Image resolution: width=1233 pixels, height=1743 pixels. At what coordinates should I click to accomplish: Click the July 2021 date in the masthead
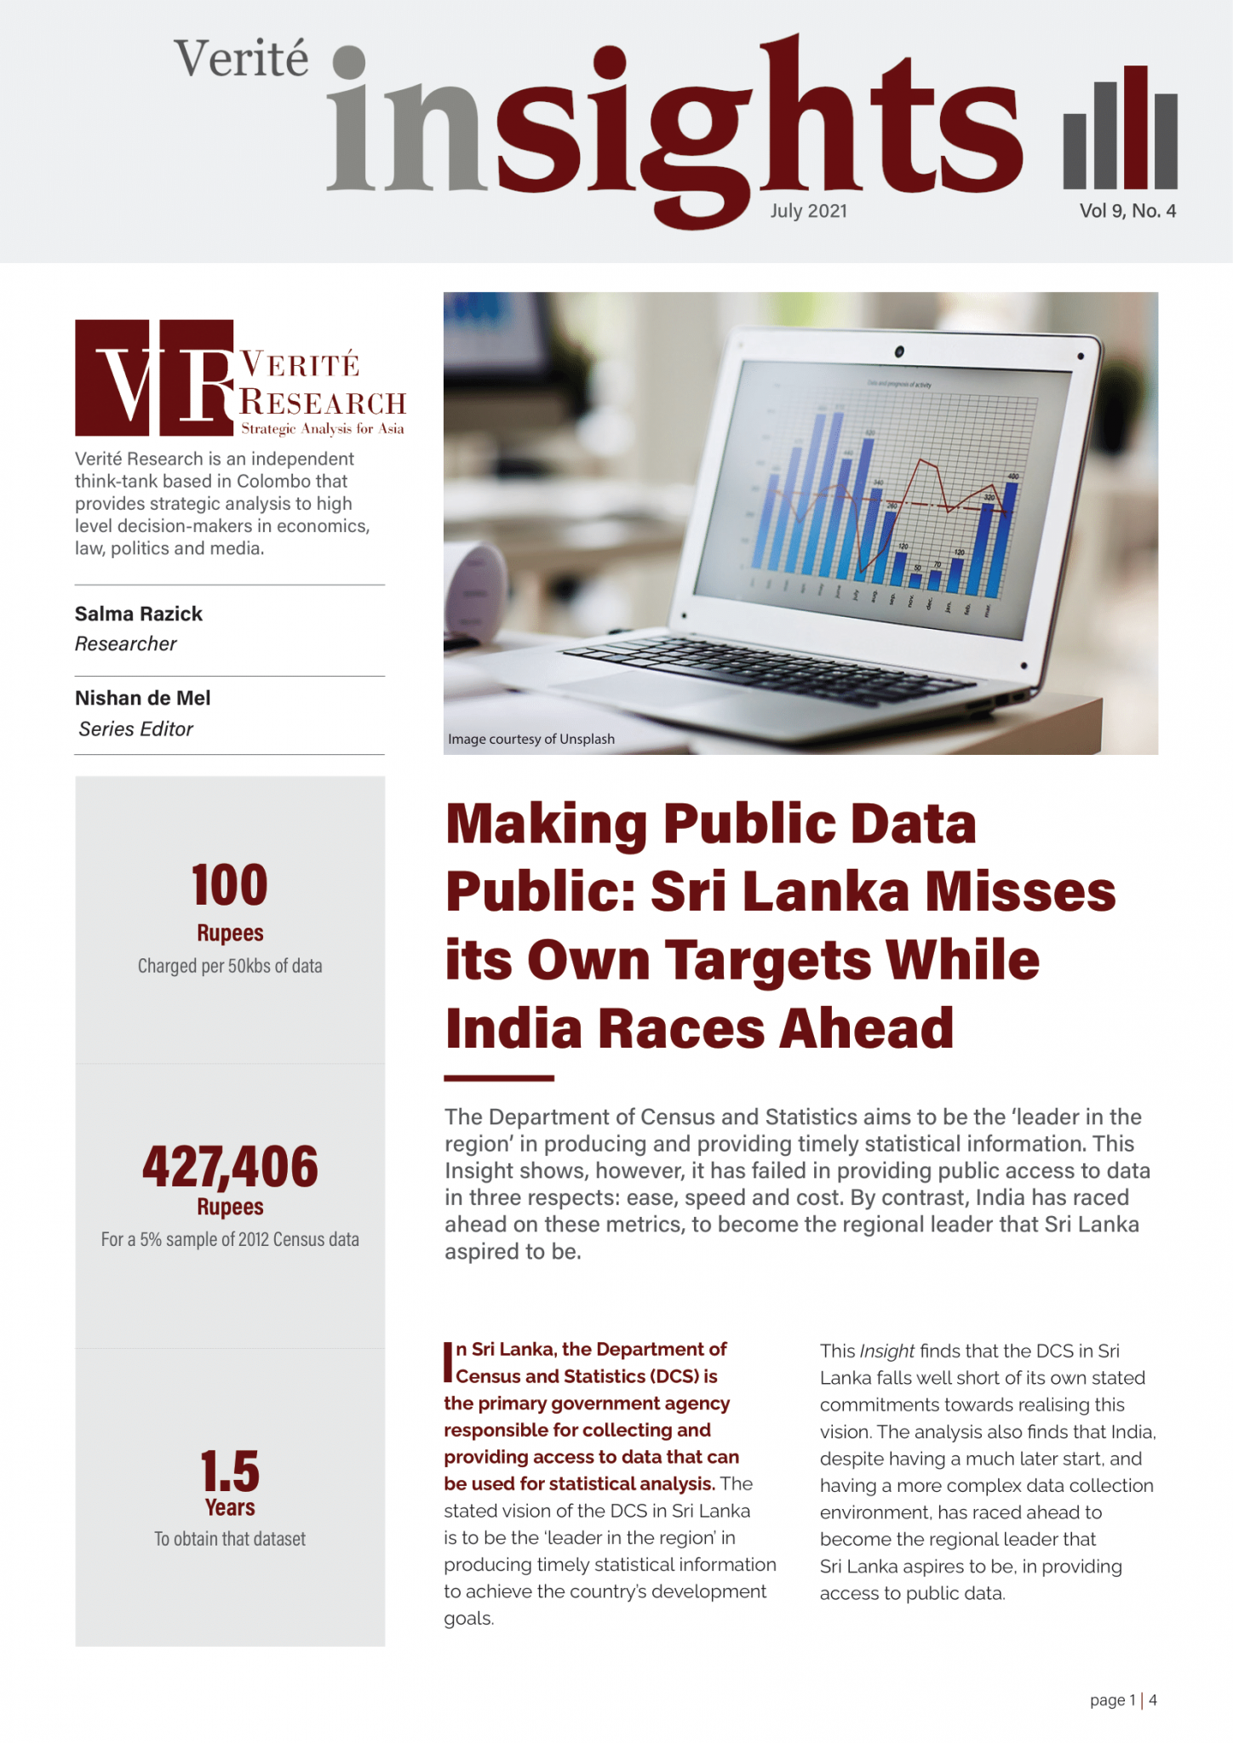click(808, 211)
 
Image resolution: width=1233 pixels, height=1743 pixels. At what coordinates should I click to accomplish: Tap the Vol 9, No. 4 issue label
click(1127, 211)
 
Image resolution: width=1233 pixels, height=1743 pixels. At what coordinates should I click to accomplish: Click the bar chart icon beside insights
click(1120, 128)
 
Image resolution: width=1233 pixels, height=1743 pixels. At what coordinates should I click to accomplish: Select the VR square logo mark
click(154, 378)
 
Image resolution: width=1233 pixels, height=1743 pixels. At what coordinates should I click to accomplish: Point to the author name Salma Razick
click(139, 614)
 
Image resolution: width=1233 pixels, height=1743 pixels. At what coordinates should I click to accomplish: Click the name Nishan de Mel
click(143, 698)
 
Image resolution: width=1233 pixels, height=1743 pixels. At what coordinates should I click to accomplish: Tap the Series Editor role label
click(136, 729)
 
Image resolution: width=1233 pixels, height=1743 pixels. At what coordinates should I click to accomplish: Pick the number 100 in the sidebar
click(230, 885)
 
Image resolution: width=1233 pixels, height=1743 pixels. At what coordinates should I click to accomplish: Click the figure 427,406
click(230, 1166)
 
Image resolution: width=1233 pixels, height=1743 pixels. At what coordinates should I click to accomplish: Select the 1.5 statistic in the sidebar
click(230, 1471)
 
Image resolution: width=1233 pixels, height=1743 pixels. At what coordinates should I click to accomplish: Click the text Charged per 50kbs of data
click(230, 966)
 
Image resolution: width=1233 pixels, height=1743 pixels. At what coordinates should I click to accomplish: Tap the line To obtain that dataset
click(230, 1539)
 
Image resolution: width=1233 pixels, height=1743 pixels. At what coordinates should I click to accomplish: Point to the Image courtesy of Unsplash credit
click(531, 740)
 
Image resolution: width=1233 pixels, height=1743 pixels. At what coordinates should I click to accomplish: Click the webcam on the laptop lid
click(899, 351)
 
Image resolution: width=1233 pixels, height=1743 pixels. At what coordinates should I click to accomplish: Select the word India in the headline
click(511, 1028)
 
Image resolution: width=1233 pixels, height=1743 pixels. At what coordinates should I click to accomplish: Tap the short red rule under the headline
click(499, 1078)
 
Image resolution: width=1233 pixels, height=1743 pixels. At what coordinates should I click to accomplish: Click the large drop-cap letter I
click(448, 1363)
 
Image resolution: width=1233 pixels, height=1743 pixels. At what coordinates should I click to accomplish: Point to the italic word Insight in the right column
click(886, 1351)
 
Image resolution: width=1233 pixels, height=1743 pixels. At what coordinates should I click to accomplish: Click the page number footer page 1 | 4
click(1123, 1700)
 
